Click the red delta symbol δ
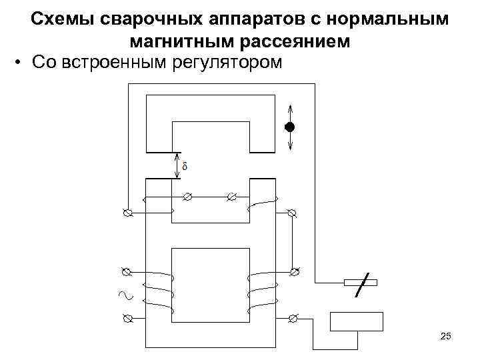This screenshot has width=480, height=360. (x=185, y=165)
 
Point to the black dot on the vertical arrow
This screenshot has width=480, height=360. (x=289, y=127)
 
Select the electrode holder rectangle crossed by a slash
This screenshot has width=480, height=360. (x=360, y=283)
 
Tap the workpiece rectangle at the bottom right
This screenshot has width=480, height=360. (x=357, y=321)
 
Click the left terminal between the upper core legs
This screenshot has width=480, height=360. (x=187, y=197)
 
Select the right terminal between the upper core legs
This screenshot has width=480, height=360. (x=231, y=197)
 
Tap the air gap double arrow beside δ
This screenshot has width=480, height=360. (x=176, y=165)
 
